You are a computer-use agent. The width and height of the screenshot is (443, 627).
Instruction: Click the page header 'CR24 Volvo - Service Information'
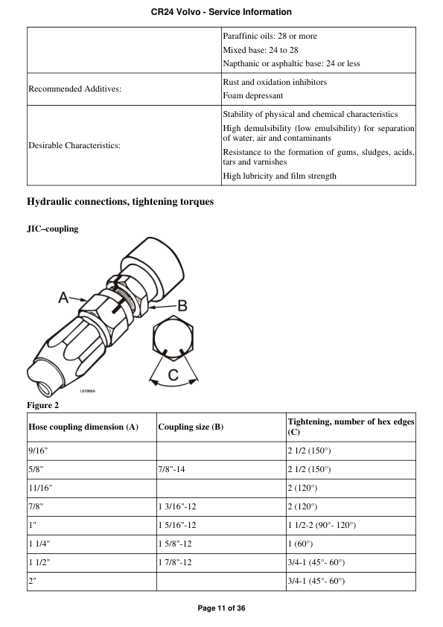pos(221,12)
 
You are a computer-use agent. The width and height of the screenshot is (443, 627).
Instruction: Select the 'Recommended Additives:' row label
pos(74,89)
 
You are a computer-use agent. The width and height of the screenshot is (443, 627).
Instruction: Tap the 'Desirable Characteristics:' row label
pos(74,145)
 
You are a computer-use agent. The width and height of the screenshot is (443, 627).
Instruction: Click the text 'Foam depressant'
pos(252,95)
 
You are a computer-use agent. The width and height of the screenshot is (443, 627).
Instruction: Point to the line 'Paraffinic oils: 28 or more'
pos(273,36)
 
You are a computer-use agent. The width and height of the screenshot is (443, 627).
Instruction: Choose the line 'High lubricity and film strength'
pos(279,176)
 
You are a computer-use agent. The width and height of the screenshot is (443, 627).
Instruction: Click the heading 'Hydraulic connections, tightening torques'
pos(120,202)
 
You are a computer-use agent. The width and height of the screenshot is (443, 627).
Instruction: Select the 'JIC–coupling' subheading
pos(52,229)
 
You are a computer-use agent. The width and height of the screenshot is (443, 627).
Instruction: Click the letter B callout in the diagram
pos(182,305)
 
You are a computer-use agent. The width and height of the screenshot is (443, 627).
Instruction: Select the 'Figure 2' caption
pos(42,405)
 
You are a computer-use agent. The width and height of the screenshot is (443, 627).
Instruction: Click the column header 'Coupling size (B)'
pos(191,427)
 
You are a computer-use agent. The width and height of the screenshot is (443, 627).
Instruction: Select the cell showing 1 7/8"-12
pos(175,562)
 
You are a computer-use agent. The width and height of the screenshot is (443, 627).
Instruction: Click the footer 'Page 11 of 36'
pos(221,608)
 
